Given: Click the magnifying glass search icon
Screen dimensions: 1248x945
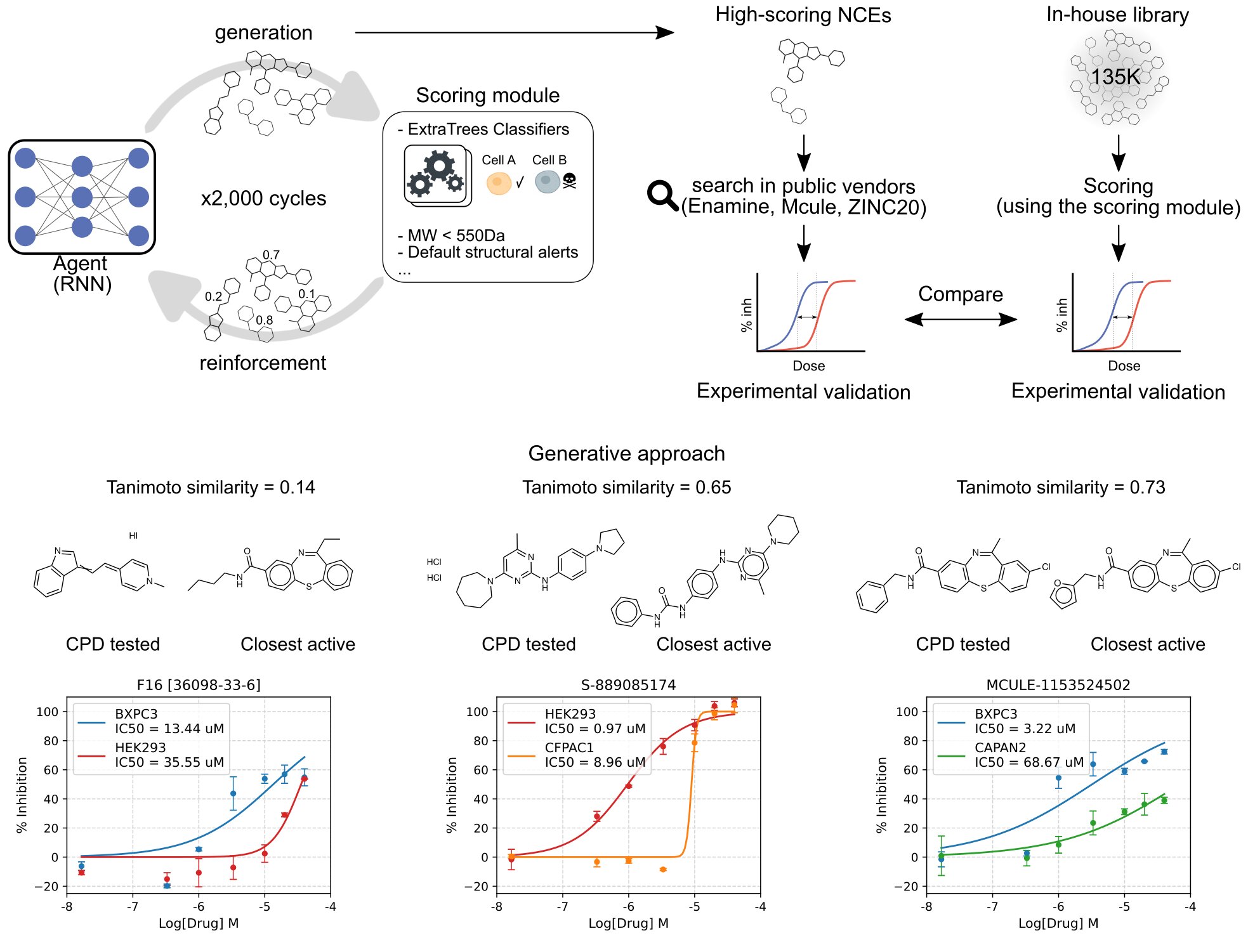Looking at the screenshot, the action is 662,195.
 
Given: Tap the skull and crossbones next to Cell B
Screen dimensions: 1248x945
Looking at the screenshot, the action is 569,181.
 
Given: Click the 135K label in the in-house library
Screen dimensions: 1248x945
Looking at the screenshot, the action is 1115,77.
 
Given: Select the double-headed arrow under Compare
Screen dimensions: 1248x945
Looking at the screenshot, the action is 961,319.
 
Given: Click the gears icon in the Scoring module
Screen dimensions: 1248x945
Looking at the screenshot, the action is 437,174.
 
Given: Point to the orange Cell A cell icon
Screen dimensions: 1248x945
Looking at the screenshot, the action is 499,183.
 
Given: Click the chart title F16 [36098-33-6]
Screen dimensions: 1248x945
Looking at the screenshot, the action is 199,685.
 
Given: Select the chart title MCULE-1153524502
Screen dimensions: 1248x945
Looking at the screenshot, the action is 1058,685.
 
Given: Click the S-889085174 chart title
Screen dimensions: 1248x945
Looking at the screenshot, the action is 628,685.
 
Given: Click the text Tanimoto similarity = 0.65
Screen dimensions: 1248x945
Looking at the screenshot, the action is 627,487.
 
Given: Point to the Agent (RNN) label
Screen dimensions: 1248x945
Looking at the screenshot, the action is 82,273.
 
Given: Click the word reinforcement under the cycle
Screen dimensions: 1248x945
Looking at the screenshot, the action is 263,363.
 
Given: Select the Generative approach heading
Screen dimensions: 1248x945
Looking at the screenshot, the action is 626,453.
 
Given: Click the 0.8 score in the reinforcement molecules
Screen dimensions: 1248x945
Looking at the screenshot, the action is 265,320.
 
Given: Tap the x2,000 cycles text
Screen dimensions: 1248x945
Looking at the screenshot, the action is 263,199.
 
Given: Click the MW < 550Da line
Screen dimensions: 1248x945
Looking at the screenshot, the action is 451,235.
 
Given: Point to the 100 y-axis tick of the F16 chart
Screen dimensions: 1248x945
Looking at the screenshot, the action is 47,712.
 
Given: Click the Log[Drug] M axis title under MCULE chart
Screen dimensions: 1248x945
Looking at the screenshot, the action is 1058,923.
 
